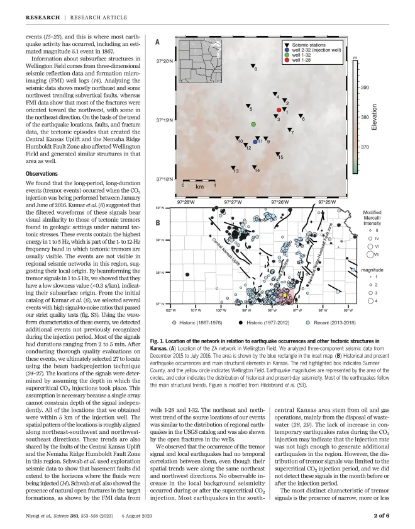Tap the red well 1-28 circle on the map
click(x=278, y=110)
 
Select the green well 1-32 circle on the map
click(x=253, y=125)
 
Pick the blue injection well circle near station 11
click(x=255, y=142)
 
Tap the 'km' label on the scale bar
click(x=199, y=186)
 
